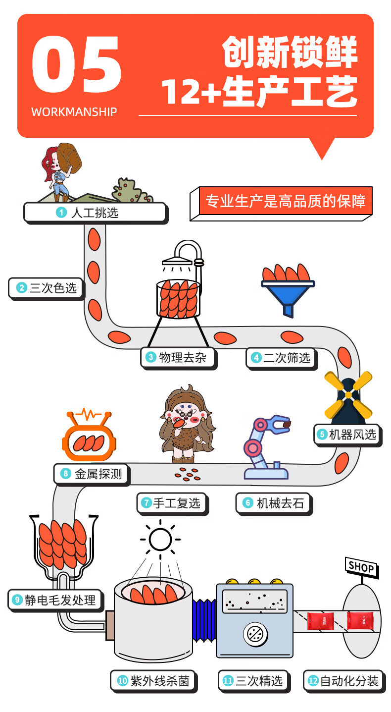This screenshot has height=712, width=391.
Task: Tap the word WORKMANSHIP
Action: coord(74,112)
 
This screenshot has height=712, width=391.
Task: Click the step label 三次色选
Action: coord(47,288)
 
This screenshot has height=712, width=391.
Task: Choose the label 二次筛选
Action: coord(282,358)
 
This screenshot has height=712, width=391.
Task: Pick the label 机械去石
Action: coord(274,503)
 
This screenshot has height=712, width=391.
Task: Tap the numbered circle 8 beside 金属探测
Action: coord(66,474)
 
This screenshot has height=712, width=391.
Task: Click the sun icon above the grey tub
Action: coord(160,540)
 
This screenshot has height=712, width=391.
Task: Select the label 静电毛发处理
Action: coord(55,600)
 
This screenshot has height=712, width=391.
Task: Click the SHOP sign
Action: coord(361,567)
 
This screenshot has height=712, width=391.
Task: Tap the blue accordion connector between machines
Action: coord(204,620)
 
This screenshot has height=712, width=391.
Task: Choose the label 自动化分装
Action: coord(343,681)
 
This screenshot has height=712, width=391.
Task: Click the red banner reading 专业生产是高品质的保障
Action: coord(285,201)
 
